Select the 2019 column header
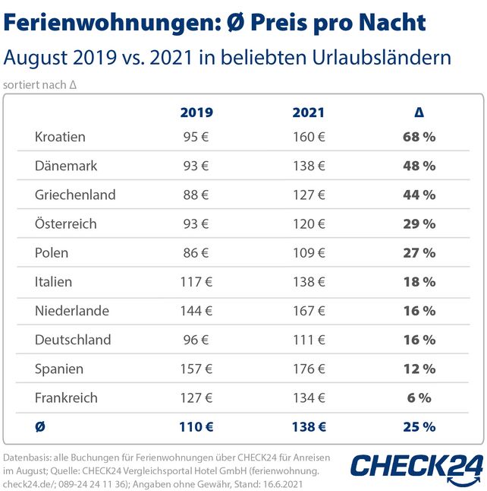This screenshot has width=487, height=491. click(196, 112)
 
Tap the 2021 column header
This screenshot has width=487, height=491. click(308, 112)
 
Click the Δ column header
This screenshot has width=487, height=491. click(419, 112)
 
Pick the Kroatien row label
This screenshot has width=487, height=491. click(60, 137)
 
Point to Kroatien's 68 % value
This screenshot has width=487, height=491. click(419, 137)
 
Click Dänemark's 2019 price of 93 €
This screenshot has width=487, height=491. click(196, 166)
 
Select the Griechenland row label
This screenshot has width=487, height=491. click(75, 195)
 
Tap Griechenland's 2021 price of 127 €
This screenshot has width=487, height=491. click(308, 195)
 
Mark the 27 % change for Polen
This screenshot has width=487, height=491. click(419, 253)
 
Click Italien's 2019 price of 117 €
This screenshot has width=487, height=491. click(196, 282)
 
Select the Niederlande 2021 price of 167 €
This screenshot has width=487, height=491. click(308, 311)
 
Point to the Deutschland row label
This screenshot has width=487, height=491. click(73, 340)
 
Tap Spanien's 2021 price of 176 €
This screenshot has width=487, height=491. click(308, 369)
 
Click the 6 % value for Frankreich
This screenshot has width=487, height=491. click(419, 398)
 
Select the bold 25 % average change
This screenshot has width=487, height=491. click(419, 427)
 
